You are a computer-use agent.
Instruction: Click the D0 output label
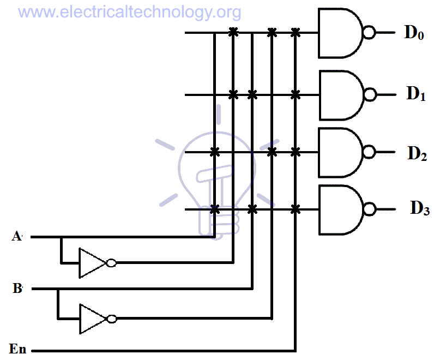(414, 33)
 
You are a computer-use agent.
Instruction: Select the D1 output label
(415, 94)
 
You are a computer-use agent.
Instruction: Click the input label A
(17, 237)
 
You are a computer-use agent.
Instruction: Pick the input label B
(17, 289)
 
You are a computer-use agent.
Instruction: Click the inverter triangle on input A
(92, 263)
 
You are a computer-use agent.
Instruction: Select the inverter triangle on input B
(92, 319)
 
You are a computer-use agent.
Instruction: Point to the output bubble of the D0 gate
(370, 33)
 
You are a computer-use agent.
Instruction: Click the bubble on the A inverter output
(111, 263)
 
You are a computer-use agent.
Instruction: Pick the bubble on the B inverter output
(112, 319)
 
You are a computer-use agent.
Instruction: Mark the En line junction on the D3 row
(296, 209)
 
